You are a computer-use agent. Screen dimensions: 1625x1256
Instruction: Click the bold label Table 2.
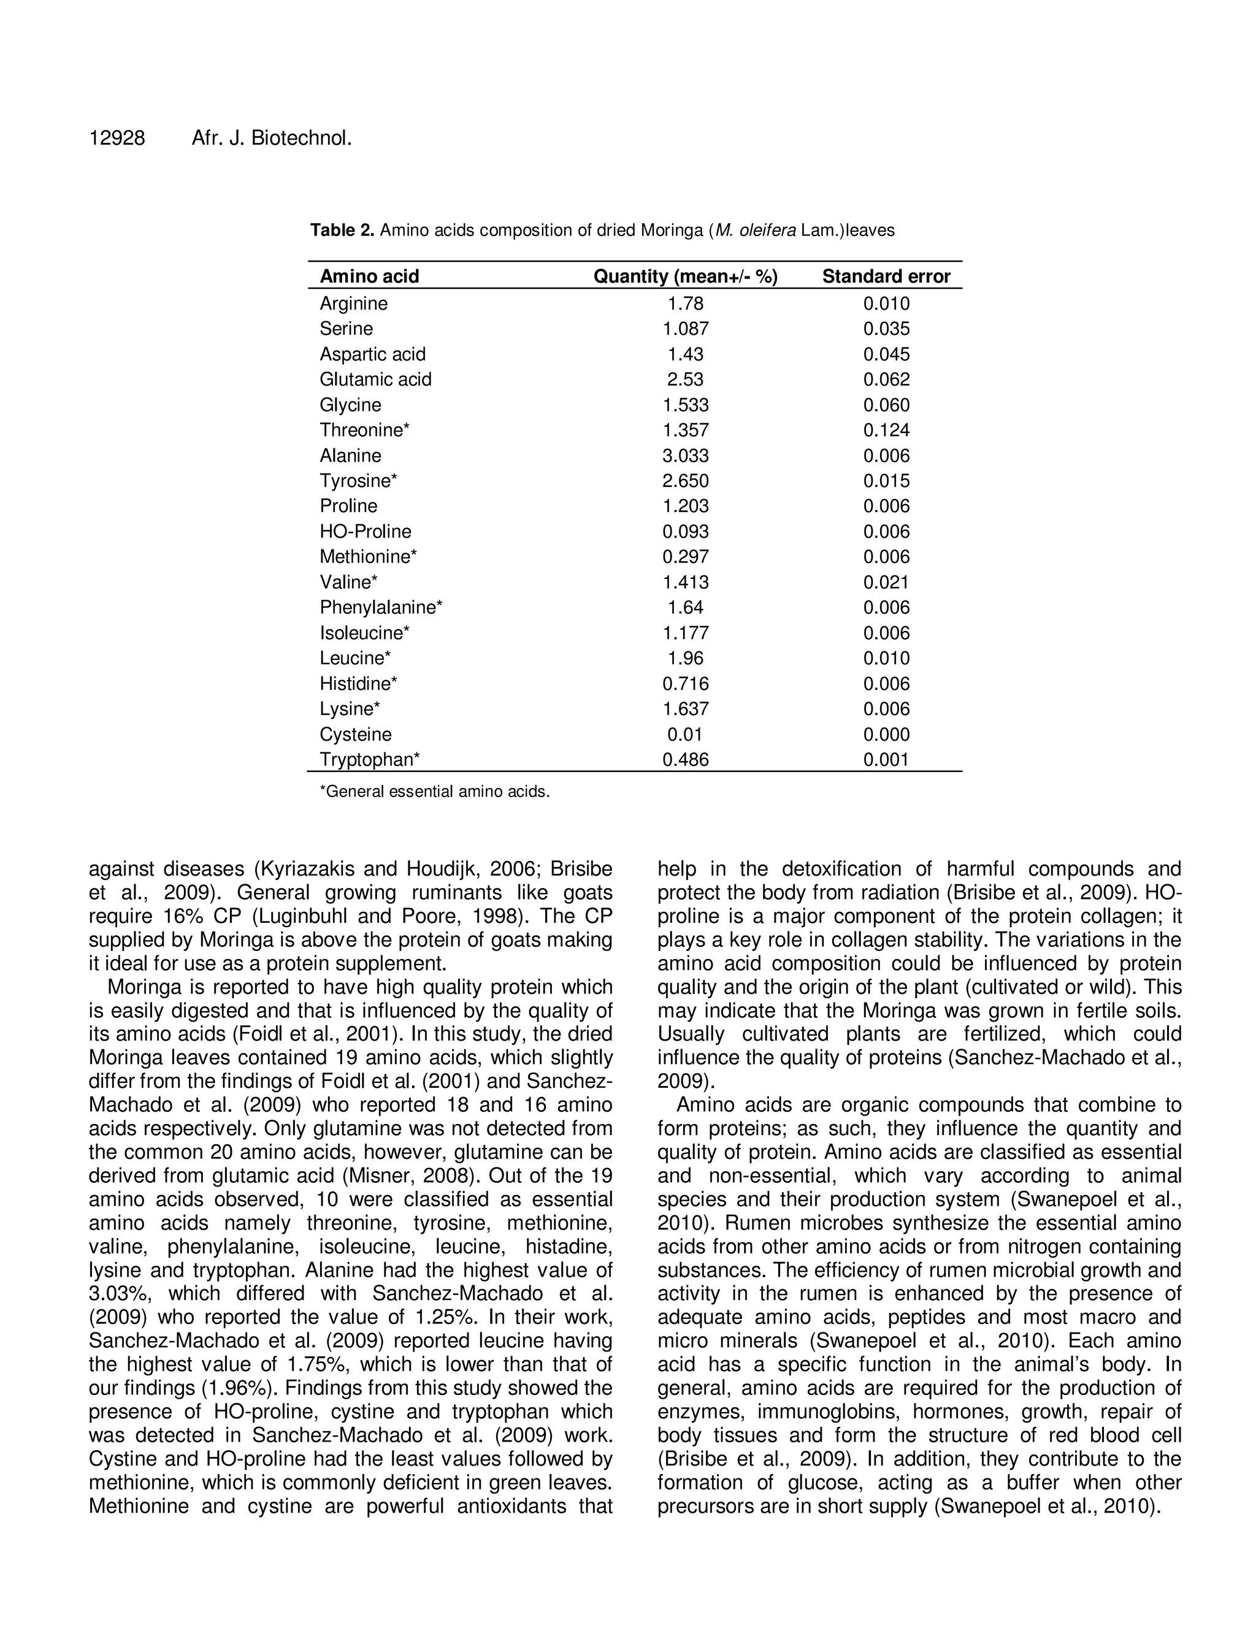[342, 231]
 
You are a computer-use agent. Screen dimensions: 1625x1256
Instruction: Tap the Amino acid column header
[369, 277]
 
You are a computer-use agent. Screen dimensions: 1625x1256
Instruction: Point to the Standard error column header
[886, 277]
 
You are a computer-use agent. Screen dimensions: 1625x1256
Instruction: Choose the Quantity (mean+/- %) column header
[684, 277]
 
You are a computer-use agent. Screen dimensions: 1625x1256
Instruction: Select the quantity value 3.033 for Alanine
[685, 456]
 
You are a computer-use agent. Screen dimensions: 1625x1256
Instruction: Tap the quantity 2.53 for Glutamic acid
[685, 380]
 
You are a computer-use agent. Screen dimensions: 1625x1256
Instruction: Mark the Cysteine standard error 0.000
[886, 735]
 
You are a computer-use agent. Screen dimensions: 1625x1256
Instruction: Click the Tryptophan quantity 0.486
[685, 760]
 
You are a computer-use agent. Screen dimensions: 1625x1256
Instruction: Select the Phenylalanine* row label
[381, 607]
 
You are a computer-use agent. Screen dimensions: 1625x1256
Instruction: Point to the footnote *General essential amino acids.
[435, 792]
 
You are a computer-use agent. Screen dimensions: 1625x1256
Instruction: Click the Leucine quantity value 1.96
[685, 659]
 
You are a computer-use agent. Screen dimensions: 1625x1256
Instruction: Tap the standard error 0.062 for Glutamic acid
[886, 380]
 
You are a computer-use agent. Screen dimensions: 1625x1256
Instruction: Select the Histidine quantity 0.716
[685, 684]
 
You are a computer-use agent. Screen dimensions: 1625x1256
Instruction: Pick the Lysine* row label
[350, 709]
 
